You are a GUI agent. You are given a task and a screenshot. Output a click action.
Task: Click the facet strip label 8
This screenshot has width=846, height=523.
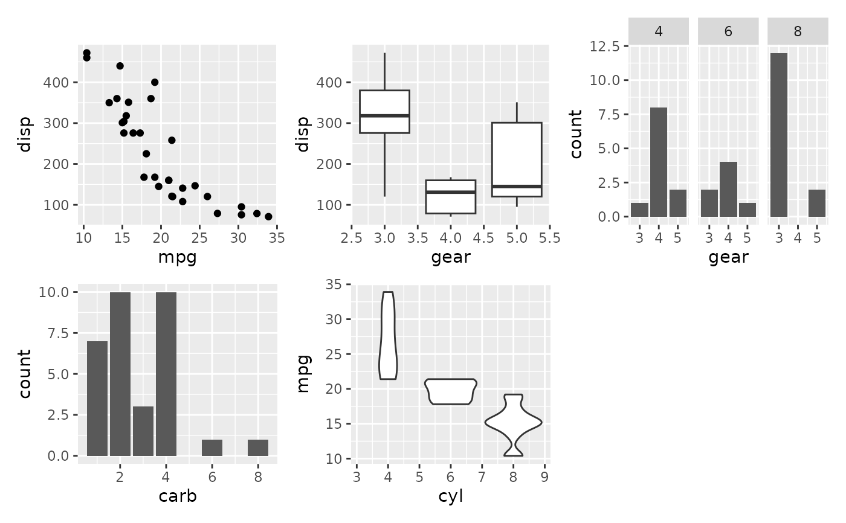798,32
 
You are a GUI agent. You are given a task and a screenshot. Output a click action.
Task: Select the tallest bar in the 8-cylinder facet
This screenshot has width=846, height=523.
779,135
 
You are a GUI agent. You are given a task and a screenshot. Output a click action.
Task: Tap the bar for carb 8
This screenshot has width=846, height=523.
258,448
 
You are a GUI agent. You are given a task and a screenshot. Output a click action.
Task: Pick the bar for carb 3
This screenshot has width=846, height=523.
143,431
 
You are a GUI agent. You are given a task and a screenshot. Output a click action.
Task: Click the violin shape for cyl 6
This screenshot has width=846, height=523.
451,391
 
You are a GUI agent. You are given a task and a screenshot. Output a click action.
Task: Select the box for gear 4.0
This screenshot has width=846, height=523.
451,197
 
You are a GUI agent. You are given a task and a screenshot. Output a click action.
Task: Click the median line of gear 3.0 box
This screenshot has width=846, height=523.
384,115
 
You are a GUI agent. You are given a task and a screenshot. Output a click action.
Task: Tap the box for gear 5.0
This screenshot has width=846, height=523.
517,159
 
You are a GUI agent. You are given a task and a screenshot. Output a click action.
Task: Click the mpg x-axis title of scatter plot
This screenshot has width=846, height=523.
177,258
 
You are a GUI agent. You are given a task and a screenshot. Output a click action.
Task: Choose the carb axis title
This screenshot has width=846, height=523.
177,496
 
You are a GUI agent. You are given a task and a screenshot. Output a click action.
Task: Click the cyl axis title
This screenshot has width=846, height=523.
451,496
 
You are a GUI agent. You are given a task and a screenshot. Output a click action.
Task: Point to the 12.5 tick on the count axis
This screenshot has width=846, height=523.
612,46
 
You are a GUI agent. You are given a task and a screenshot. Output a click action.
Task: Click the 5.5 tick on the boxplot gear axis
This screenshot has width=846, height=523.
549,237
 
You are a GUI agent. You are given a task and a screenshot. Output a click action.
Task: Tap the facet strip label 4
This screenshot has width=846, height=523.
659,32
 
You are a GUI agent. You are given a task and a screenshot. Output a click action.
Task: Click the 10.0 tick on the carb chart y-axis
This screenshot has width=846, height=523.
59,292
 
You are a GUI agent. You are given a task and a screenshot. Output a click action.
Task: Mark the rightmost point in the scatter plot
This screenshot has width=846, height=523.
268,216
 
